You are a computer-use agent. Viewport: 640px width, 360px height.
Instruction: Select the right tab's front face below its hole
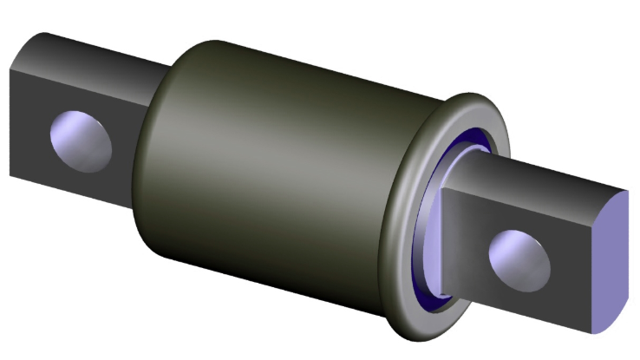coord(520,299)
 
